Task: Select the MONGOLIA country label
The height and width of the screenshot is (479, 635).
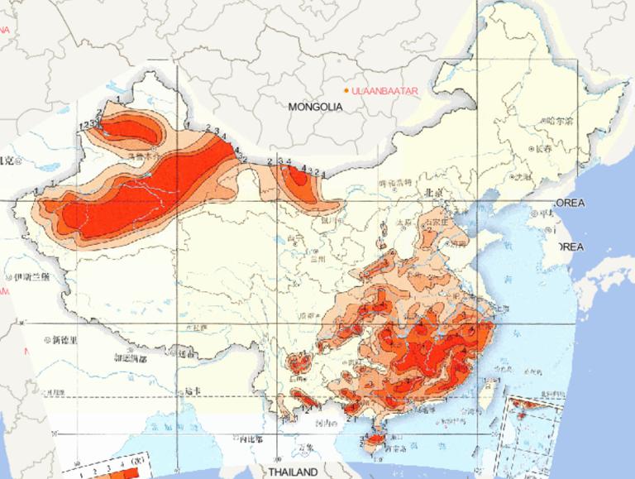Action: click(315, 107)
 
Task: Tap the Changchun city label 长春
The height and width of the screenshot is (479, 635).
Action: click(542, 150)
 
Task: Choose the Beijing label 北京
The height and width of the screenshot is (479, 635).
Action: click(434, 193)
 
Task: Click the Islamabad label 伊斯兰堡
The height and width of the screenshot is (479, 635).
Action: click(31, 276)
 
